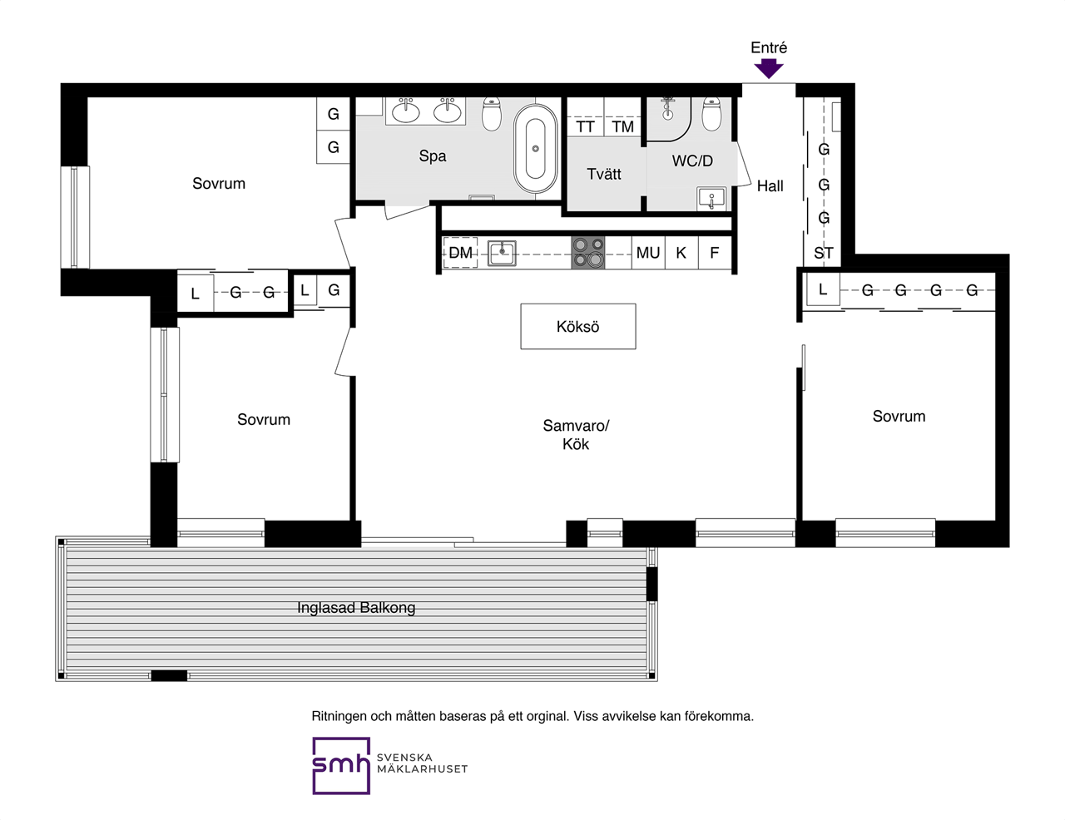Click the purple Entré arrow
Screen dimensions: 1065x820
[769, 68]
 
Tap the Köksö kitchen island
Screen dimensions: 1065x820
[578, 326]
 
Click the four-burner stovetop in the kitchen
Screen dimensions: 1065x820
[588, 253]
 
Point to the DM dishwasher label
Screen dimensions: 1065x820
[461, 253]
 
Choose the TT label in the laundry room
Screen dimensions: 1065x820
[585, 127]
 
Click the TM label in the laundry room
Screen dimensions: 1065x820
[623, 127]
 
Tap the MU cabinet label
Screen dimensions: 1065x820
[648, 253]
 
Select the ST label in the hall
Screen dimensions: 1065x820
[824, 253]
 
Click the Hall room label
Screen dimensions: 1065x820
[770, 186]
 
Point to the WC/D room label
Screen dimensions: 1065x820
[692, 161]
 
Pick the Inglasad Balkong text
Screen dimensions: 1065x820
[356, 608]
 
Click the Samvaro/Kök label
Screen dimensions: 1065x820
[576, 434]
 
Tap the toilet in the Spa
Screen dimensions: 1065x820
[492, 114]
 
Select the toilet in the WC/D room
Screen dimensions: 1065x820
[711, 114]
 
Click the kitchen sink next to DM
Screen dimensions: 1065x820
[502, 254]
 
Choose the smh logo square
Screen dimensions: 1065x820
[341, 765]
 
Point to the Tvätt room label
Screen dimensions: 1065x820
[604, 174]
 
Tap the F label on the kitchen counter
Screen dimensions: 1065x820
[715, 253]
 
